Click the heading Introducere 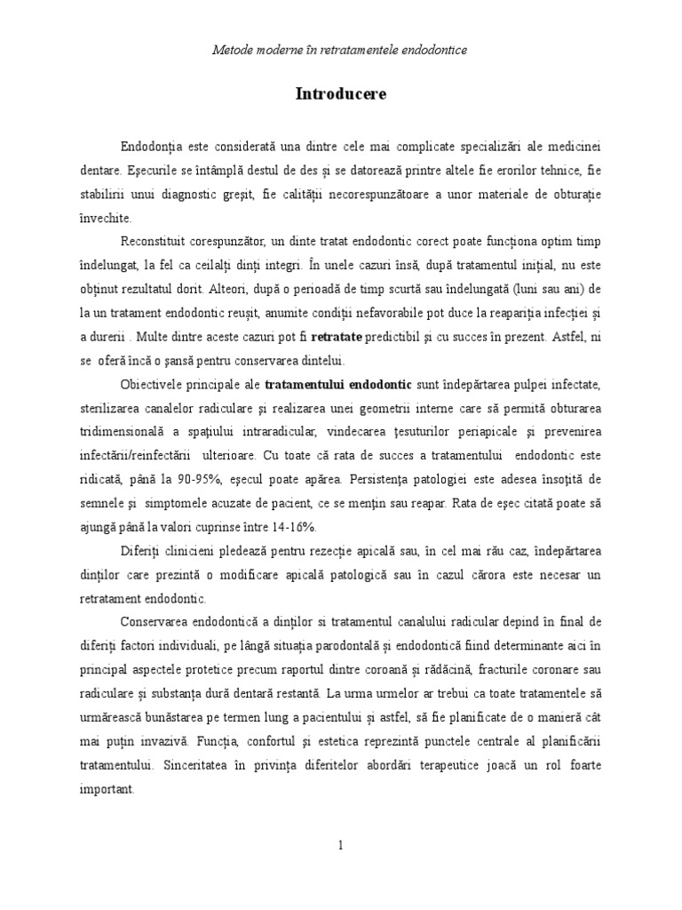pyautogui.click(x=341, y=94)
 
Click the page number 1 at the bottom pyautogui.click(x=340, y=845)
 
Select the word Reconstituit pyautogui.click(x=159, y=242)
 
